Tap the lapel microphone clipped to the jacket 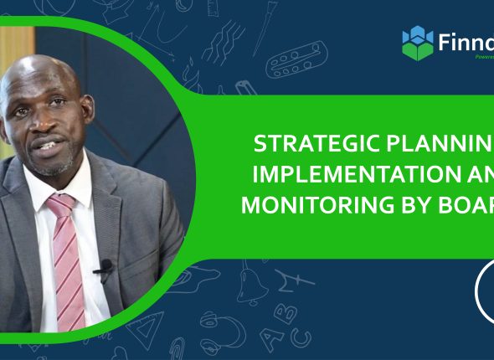[104, 270]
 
